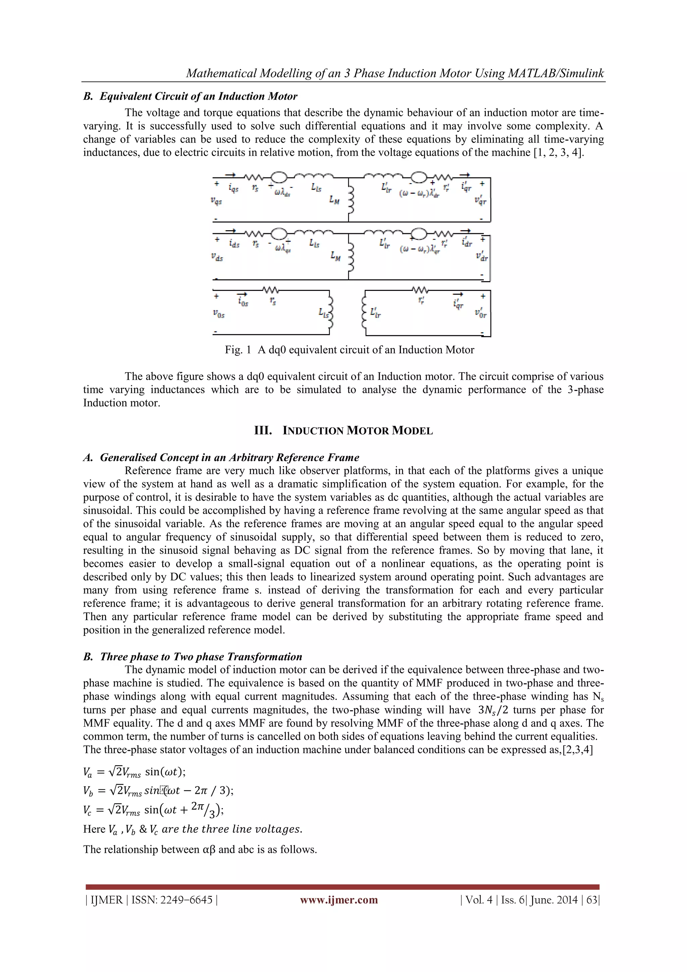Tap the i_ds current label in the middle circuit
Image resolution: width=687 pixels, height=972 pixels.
[x=234, y=244]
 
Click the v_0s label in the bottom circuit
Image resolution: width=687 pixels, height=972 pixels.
[x=218, y=314]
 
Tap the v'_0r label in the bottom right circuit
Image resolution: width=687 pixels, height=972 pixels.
[x=480, y=314]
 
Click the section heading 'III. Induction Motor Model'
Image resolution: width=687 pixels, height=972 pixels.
[x=343, y=431]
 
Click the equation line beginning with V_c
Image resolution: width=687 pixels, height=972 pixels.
[x=153, y=810]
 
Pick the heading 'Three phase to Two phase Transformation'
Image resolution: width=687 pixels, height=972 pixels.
[x=201, y=657]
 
